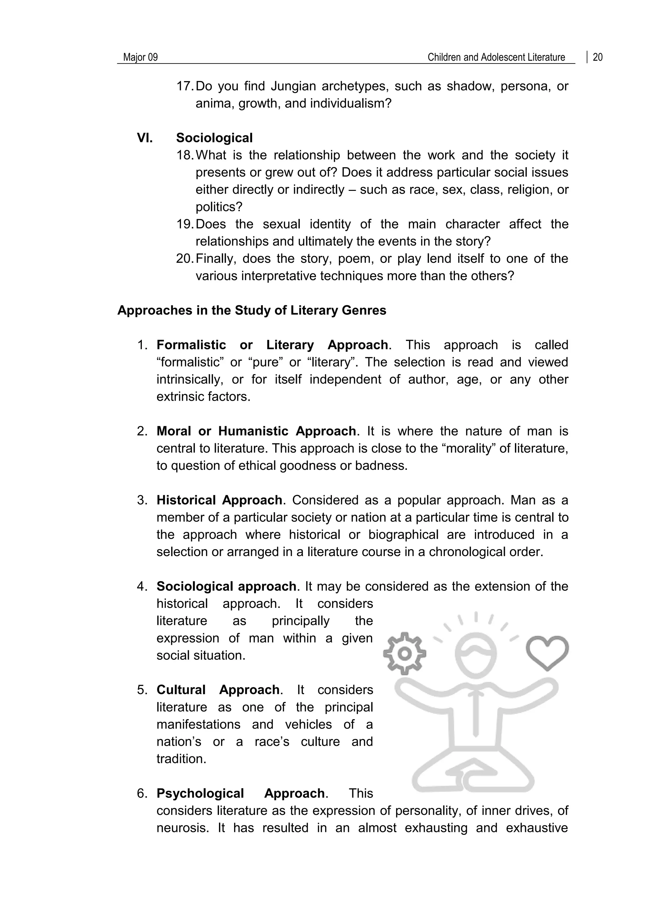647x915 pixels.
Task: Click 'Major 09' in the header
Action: (x=140, y=58)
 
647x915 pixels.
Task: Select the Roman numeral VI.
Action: (x=145, y=138)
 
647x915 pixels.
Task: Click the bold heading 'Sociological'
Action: (x=214, y=138)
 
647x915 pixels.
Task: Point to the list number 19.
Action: (x=184, y=224)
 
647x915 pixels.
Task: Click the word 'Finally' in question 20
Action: (x=215, y=259)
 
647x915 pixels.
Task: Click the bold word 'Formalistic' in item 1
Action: (x=191, y=345)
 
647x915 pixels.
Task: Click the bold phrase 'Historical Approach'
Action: (x=219, y=500)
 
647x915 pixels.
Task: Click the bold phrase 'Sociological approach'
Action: (x=226, y=586)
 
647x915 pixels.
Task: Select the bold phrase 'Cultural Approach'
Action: (x=218, y=690)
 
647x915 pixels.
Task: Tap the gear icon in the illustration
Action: (x=404, y=654)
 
